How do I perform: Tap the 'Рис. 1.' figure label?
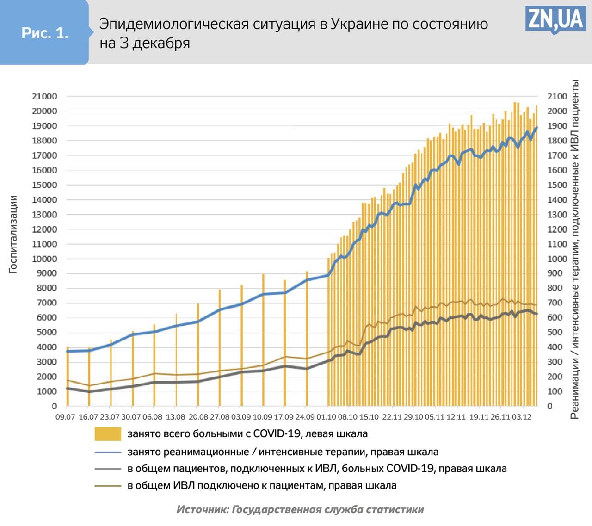[45, 33]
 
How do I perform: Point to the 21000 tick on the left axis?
[44, 96]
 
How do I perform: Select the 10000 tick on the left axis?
[44, 259]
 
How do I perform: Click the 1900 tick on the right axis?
[557, 126]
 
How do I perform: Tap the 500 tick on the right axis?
[557, 332]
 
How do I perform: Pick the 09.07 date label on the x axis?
[65, 417]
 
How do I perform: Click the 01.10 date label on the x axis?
[326, 417]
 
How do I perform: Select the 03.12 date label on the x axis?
[521, 417]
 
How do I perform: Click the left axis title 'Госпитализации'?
[13, 234]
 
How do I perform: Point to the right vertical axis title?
[574, 250]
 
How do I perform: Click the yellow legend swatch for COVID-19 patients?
[108, 434]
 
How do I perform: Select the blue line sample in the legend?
[108, 452]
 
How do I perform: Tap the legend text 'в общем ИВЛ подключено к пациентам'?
[262, 486]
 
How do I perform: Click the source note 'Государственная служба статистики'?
[327, 509]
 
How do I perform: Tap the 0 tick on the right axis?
[550, 406]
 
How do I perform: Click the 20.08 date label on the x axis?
[197, 417]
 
